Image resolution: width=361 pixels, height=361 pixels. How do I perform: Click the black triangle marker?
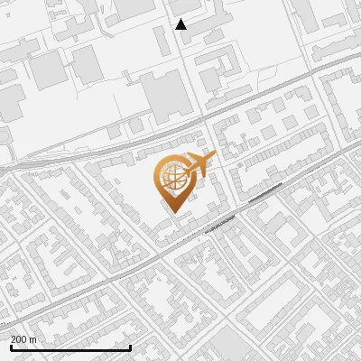click(x=180, y=24)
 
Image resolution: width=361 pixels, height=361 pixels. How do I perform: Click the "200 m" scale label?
click(x=23, y=339)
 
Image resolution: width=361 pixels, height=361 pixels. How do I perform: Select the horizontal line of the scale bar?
click(x=70, y=348)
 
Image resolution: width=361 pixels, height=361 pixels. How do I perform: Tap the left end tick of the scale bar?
click(x=11, y=347)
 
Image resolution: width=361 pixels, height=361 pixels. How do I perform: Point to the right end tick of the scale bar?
click(x=131, y=347)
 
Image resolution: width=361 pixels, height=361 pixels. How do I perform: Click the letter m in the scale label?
click(x=33, y=339)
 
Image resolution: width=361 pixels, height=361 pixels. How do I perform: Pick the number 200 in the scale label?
click(x=19, y=339)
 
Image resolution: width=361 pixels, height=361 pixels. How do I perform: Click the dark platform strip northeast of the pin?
click(x=265, y=192)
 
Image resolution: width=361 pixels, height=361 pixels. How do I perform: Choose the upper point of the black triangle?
click(x=180, y=19)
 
